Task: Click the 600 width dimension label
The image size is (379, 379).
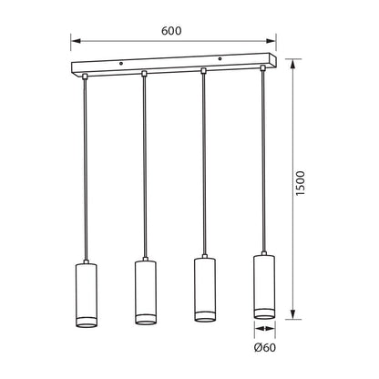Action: point(171,31)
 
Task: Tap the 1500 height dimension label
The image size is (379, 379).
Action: point(300,183)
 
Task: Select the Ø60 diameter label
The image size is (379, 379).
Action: point(265,347)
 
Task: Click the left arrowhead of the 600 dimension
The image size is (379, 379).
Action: point(76,41)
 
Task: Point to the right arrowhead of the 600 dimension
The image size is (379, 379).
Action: point(271,41)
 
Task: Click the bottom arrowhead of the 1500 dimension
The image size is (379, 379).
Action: point(292,314)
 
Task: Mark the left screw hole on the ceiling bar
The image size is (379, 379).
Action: point(121,64)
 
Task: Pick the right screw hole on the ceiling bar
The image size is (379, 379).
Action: point(220,58)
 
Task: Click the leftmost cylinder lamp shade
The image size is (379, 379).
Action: point(86,295)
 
